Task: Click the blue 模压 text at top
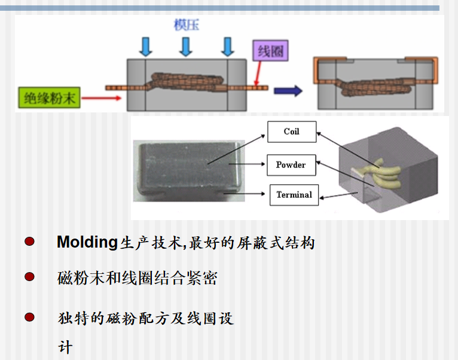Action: (x=186, y=25)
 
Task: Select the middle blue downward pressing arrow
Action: (x=186, y=46)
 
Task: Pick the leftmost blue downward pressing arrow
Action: (x=145, y=46)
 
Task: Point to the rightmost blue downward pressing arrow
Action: (x=227, y=46)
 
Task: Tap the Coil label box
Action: (x=291, y=132)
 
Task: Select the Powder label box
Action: (x=291, y=164)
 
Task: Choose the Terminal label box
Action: (x=294, y=194)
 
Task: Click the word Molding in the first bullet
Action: (x=86, y=242)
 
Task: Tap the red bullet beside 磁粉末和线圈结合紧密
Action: (x=29, y=277)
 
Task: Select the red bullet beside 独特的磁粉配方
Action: (x=29, y=317)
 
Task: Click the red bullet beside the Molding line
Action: (x=29, y=242)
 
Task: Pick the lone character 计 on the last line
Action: (x=65, y=347)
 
